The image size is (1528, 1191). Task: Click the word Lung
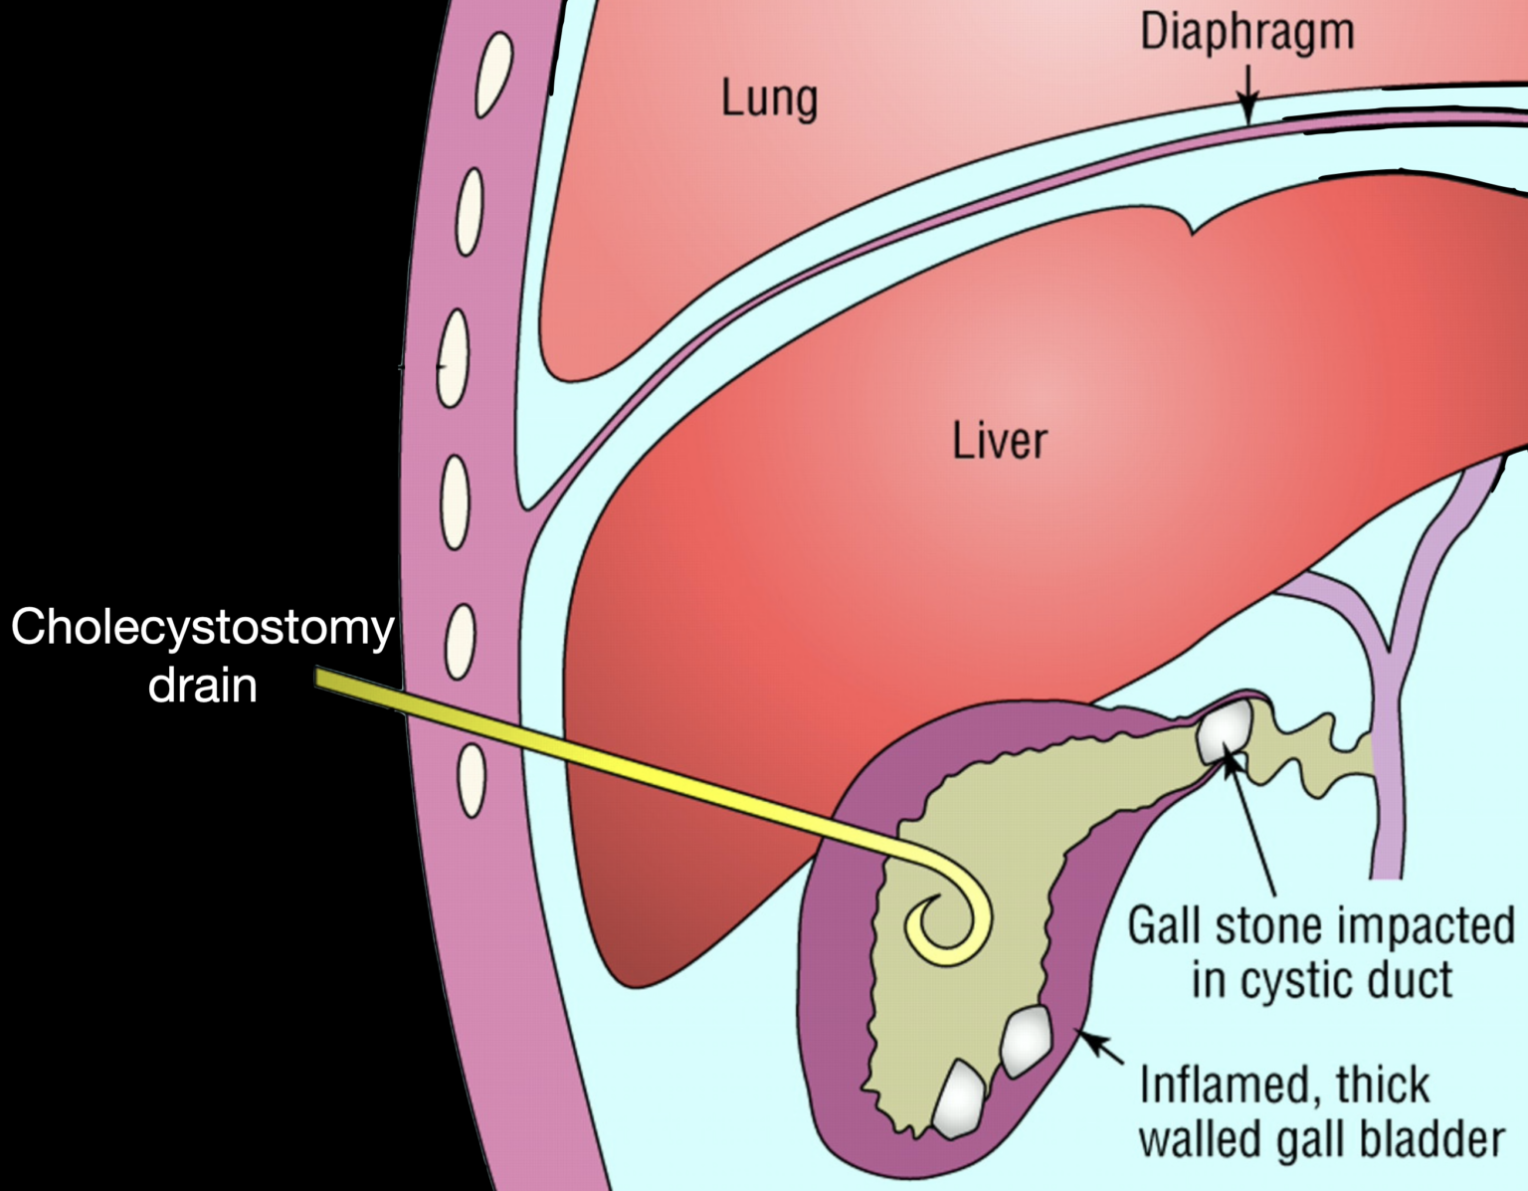click(769, 99)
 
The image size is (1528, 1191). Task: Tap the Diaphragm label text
click(1246, 33)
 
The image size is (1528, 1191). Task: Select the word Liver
click(999, 441)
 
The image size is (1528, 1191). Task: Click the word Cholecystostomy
click(202, 628)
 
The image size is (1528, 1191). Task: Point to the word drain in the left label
click(202, 686)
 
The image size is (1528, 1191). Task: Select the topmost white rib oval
click(494, 75)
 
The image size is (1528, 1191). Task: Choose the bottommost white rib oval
click(472, 781)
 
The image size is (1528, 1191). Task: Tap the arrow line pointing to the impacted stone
click(1253, 826)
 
